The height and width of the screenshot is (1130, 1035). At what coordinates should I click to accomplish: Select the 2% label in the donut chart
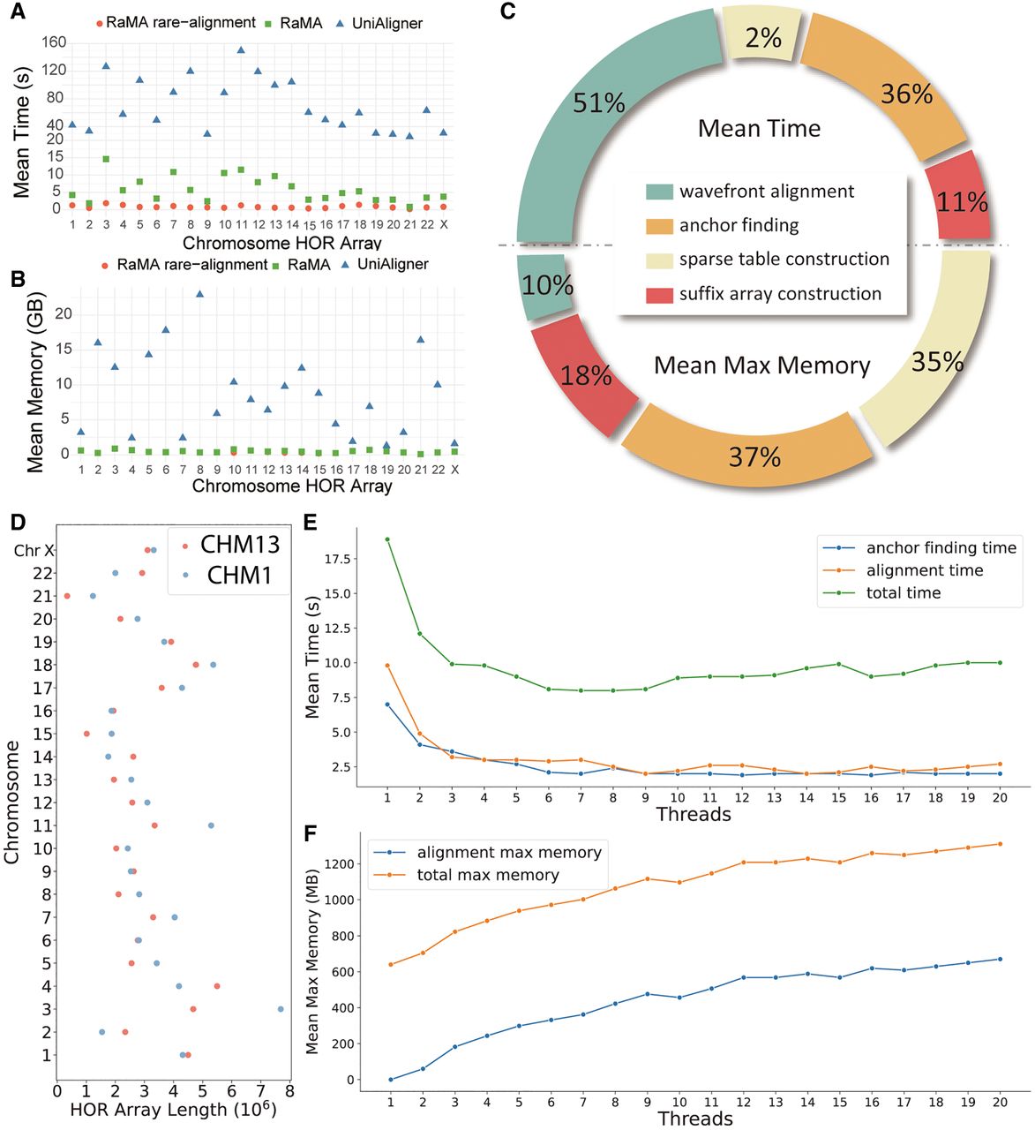[x=762, y=38]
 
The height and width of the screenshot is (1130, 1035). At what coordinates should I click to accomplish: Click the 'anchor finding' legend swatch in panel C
[x=659, y=226]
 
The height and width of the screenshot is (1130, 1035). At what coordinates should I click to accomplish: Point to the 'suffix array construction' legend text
[x=780, y=294]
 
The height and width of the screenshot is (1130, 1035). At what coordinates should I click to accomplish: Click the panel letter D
[x=17, y=522]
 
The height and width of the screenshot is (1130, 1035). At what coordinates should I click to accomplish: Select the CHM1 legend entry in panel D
[x=231, y=576]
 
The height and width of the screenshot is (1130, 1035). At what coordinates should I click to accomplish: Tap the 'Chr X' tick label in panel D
[x=34, y=551]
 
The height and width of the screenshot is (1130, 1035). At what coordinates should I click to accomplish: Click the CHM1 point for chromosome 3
[x=281, y=1009]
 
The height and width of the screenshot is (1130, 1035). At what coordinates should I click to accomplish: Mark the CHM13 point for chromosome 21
[x=67, y=596]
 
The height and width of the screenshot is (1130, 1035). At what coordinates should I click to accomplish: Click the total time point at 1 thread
[x=387, y=539]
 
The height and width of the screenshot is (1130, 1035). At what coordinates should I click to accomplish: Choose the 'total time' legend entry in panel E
[x=903, y=592]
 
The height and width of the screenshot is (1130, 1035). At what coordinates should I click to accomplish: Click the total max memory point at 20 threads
[x=1000, y=844]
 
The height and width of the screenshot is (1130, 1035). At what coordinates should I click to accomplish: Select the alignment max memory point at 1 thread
[x=390, y=1080]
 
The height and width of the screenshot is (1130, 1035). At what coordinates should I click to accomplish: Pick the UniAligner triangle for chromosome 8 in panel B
[x=200, y=294]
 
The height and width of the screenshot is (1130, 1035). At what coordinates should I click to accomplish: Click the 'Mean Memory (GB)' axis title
[x=35, y=384]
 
